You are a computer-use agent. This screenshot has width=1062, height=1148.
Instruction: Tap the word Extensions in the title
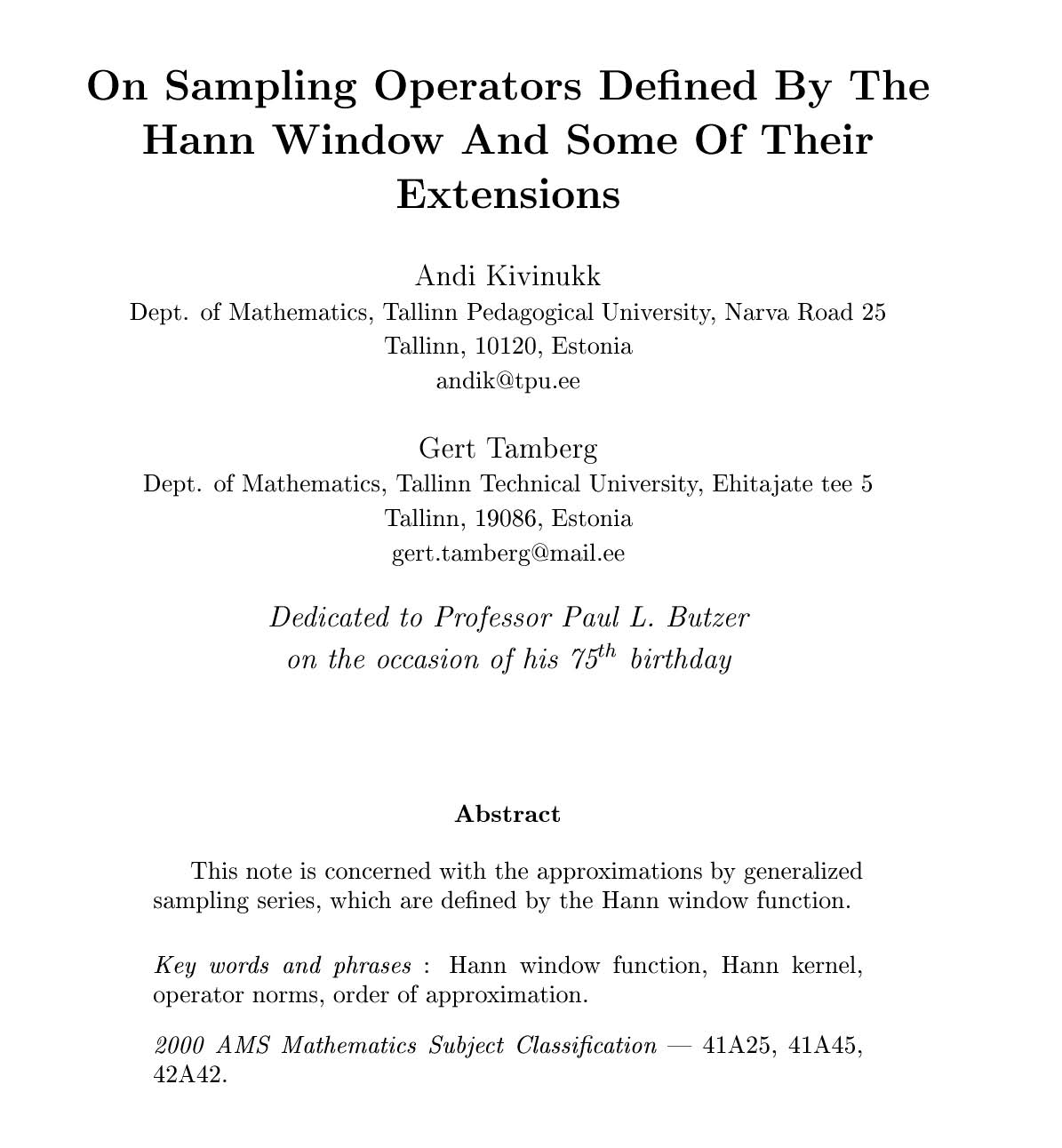tap(507, 194)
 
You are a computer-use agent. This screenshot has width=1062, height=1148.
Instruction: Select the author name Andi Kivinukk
tap(507, 276)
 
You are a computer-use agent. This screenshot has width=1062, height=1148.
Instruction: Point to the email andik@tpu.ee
tap(507, 381)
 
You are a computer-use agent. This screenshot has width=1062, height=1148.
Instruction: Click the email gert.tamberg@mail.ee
tap(507, 553)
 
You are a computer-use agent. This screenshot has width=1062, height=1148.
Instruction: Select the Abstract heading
tap(507, 814)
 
